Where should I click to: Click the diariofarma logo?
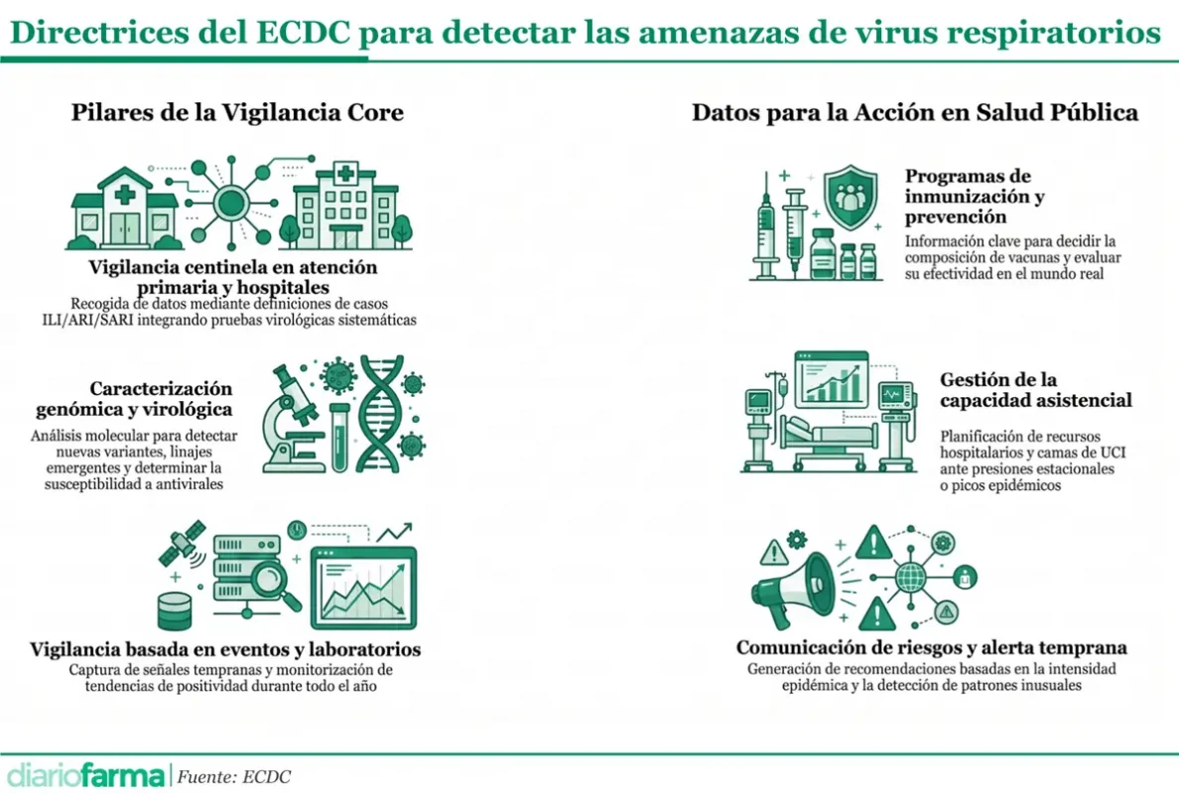click(x=85, y=776)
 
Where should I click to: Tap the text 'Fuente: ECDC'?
click(x=234, y=777)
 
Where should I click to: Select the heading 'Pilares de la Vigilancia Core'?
click(x=237, y=112)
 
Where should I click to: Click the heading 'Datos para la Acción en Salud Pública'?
click(x=914, y=112)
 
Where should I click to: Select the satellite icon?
click(x=182, y=544)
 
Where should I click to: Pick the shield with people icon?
click(x=851, y=197)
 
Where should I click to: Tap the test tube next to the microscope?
click(x=339, y=437)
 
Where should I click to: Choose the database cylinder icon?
click(x=175, y=610)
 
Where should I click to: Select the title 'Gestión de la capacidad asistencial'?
click(x=1035, y=389)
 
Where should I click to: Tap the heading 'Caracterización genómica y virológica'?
click(x=135, y=399)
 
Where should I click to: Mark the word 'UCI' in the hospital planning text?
click(x=1113, y=453)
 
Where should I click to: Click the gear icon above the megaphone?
click(x=797, y=538)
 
